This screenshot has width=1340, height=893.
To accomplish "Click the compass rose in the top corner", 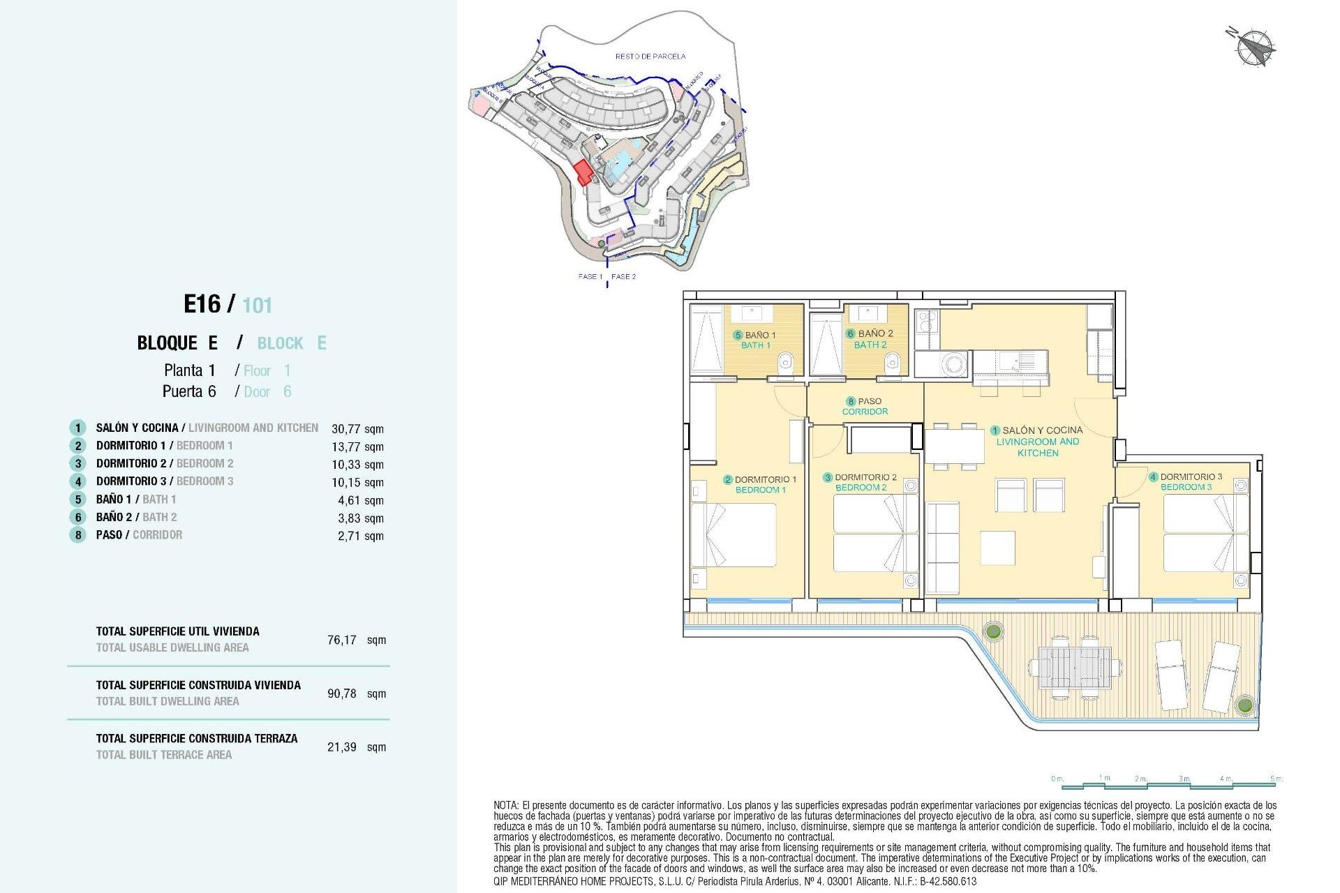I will coord(1253,47).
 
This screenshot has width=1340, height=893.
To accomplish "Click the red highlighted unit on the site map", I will coord(583,172).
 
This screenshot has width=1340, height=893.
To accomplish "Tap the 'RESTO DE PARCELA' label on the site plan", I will coord(650,56).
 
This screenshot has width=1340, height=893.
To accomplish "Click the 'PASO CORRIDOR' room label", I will coord(865,406).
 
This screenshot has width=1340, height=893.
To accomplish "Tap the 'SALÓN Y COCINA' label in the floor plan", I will coord(1042,430).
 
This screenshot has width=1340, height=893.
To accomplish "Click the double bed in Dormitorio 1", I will coord(734,535).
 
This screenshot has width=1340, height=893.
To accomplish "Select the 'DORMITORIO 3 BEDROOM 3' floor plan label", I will coord(1190,481).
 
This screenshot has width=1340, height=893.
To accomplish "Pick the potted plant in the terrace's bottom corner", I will coord(1244,704).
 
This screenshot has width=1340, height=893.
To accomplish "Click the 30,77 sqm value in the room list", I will coord(357,429).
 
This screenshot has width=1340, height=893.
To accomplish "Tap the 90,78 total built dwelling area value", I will coord(342,693).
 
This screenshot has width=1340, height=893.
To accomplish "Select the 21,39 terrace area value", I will coord(342,747).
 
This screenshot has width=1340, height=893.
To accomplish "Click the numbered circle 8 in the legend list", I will coord(77,535).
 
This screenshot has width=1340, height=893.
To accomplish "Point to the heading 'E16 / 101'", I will coord(228,305).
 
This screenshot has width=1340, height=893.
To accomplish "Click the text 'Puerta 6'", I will coord(189,391).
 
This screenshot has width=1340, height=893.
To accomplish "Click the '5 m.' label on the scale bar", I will coord(1275,779).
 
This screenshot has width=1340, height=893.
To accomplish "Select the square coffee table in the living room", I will coord(997,548).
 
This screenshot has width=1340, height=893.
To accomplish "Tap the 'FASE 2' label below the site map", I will coord(623,277).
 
